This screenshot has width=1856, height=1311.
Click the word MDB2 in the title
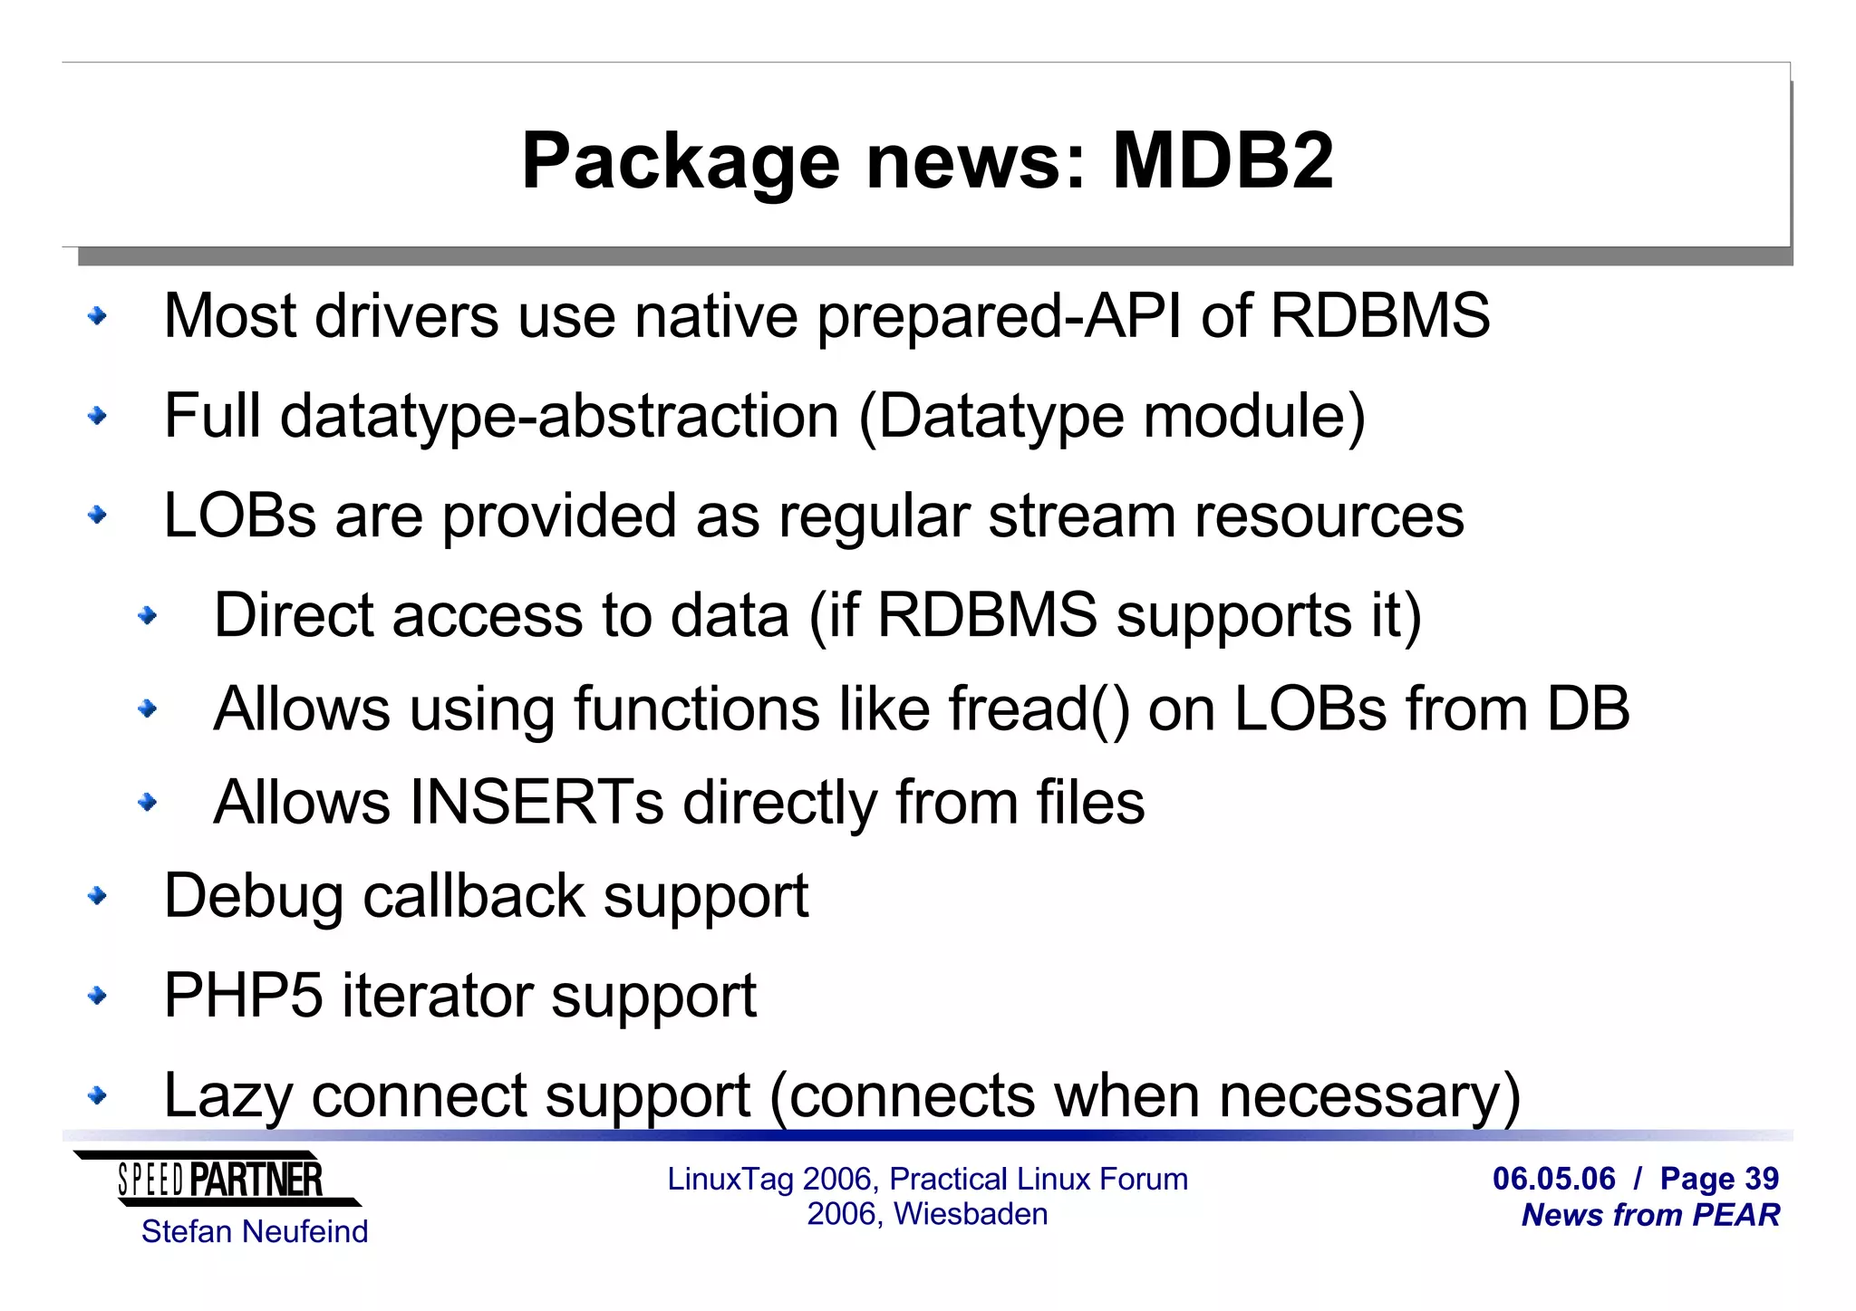click(x=1223, y=161)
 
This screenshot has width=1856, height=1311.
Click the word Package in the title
click(x=681, y=163)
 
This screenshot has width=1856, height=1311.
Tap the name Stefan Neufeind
click(x=255, y=1232)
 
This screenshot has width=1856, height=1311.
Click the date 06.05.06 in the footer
click(x=1553, y=1179)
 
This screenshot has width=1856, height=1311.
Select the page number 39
click(x=1762, y=1179)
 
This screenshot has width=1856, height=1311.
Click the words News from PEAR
click(x=1650, y=1215)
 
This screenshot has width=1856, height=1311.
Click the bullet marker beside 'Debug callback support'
click(x=97, y=896)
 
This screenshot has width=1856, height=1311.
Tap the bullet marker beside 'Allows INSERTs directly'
click(x=147, y=802)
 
